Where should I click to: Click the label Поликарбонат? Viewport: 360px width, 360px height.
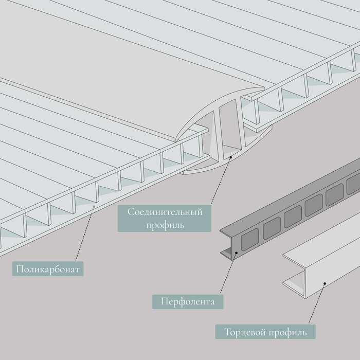point(48,269)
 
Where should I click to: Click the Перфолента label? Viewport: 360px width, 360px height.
point(188,301)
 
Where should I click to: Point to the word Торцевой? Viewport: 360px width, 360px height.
point(244,332)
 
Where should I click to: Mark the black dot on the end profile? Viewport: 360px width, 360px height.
point(325,283)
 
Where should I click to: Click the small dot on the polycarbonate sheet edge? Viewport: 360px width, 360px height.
point(94,206)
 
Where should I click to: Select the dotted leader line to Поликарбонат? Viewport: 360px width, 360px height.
point(85,233)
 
